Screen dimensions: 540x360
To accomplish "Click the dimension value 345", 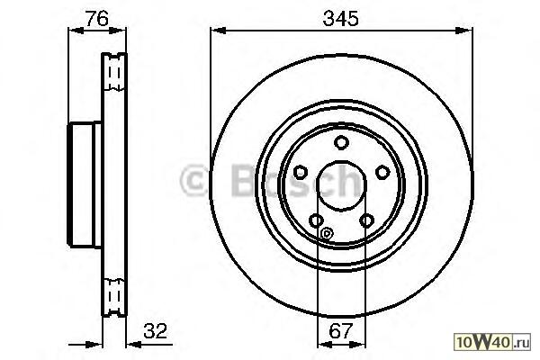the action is pos(340,18).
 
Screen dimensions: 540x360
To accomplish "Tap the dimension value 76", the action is pos(97,18).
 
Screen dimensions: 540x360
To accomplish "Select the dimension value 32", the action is pos(155,330).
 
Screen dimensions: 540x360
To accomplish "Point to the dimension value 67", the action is pos(340,330).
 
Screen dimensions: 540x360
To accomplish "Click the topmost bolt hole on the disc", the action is pos(341,142).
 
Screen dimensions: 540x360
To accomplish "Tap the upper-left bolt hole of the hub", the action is pos(301,172).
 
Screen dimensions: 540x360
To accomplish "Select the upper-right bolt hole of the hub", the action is pos(382,172).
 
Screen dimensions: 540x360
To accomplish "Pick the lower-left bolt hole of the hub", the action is pos(316,220).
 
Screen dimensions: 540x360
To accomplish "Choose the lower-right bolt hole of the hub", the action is pos(366,220).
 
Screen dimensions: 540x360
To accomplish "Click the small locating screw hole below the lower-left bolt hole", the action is pos(326,234).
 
